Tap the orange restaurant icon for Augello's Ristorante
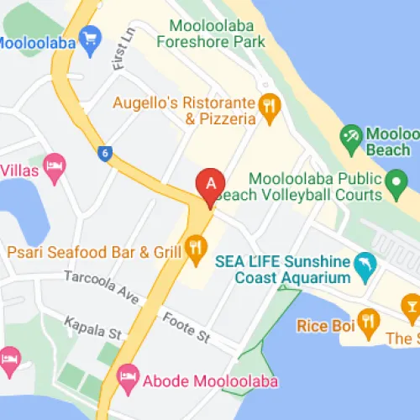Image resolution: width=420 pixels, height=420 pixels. click(269, 106)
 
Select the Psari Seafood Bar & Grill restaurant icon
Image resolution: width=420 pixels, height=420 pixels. click(197, 245)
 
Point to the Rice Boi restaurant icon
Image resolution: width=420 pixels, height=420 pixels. click(367, 319)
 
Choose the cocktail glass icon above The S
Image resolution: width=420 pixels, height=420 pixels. click(411, 305)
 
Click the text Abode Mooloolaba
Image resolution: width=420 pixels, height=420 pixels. click(209, 380)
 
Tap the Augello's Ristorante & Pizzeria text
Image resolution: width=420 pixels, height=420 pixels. click(184, 110)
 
